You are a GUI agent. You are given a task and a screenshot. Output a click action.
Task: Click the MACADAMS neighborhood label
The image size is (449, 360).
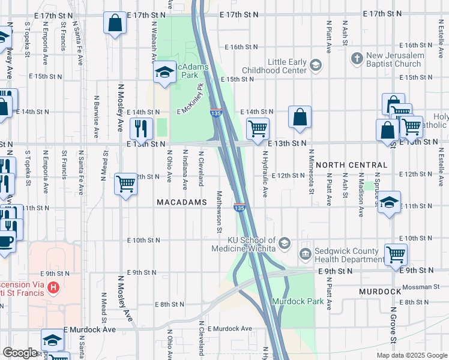coord(182,203)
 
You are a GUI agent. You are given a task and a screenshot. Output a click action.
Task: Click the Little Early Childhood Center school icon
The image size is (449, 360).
coord(316,64)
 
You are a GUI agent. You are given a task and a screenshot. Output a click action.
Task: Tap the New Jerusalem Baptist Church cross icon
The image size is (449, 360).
coord(358,58)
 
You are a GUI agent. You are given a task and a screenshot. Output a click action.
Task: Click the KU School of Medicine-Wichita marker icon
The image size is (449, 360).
coord(285,243)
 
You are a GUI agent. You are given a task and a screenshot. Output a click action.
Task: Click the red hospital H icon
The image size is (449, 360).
coord(55,287)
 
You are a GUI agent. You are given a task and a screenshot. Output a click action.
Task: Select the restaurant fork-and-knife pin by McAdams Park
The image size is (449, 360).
coord(142,128)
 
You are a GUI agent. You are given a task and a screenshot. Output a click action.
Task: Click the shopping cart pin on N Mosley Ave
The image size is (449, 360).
coord(125,183)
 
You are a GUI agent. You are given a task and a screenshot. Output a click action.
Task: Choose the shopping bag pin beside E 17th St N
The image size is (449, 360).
coord(115,23)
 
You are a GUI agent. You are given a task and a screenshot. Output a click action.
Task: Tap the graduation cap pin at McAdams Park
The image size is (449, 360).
coord(163,73)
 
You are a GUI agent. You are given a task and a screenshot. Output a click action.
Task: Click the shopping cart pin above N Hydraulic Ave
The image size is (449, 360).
coord(258,128)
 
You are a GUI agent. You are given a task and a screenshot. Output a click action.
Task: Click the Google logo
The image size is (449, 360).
coord(20,353)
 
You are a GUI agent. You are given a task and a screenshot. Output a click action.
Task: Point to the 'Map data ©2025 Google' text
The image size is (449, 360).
coord(412,355)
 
